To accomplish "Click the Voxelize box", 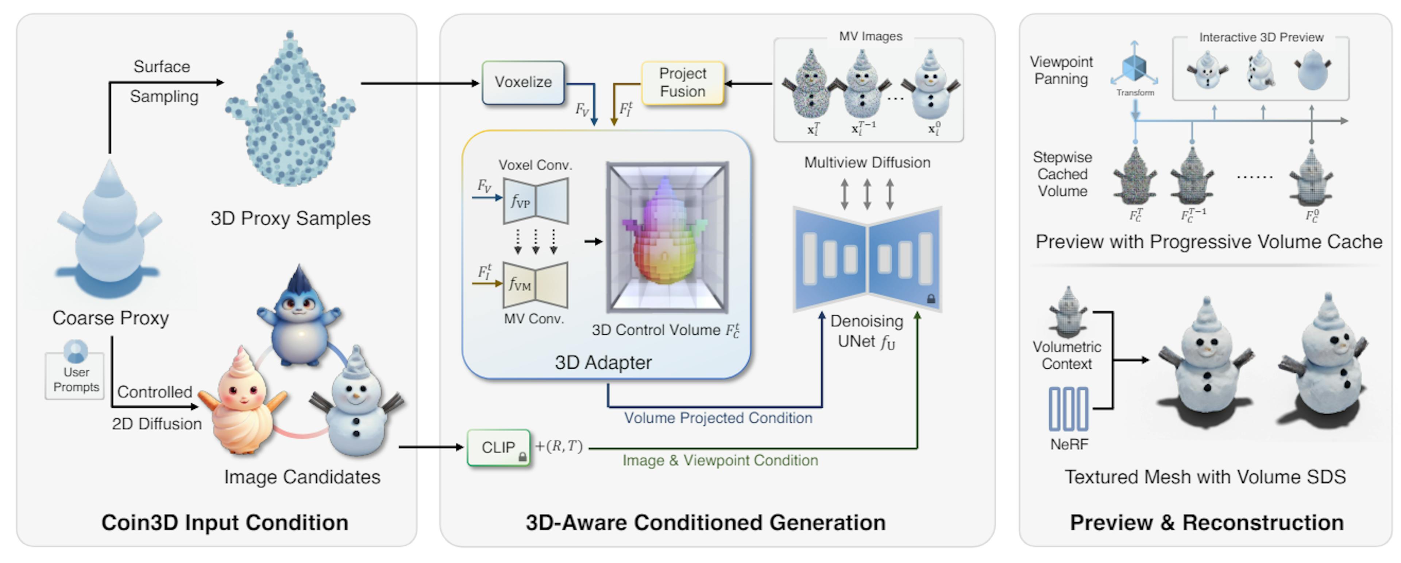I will (523, 83).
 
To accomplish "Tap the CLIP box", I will (498, 447).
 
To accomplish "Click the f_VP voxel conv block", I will (536, 201).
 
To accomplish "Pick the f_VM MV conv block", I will (536, 285).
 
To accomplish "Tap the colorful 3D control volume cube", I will (667, 237).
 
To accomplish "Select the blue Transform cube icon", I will (1135, 67).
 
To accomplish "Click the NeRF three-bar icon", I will (1068, 409).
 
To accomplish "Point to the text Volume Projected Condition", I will (718, 418).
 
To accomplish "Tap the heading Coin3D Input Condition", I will (225, 522).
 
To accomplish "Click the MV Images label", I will (870, 36).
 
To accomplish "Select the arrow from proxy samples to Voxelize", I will (419, 83).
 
